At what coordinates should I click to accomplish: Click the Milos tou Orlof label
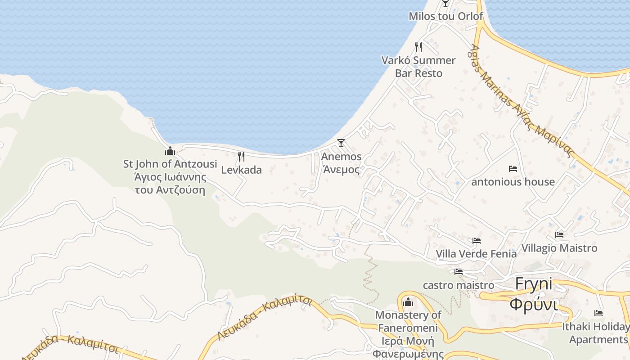445,16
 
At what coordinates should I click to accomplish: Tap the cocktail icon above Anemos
341,143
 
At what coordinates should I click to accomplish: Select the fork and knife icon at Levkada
241,157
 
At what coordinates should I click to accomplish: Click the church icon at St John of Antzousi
170,151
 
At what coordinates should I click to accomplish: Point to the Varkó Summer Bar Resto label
418,67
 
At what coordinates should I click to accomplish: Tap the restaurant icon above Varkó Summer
418,47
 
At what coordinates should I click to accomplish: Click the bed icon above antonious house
513,169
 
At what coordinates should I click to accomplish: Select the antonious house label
513,182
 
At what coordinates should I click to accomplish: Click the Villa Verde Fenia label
476,254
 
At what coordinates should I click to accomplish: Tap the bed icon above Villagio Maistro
559,235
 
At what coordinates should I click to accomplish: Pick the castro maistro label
458,285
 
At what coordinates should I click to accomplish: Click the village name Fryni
533,284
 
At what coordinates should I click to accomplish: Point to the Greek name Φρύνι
533,303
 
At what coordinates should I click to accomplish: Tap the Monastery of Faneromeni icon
408,301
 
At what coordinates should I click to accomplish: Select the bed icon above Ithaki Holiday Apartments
598,313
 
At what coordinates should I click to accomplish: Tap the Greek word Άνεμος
341,170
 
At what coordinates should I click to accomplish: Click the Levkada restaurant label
241,170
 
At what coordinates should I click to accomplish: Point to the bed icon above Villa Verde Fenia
477,241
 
